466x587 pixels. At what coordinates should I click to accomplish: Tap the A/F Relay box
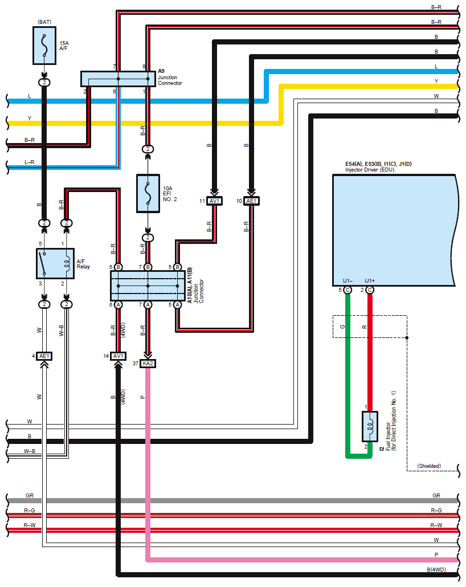(x=55, y=263)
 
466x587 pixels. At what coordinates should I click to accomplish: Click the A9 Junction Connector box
(x=118, y=79)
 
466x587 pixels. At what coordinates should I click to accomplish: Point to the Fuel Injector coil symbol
(x=370, y=426)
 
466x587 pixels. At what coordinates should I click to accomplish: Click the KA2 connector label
(x=148, y=363)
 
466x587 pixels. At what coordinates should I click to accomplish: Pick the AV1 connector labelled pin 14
(x=118, y=356)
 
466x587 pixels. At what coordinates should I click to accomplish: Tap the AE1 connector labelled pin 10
(x=251, y=201)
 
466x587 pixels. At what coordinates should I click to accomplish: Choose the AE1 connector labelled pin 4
(x=44, y=356)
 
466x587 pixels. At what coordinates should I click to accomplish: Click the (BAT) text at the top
(x=44, y=22)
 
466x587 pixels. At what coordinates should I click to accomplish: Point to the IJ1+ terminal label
(x=370, y=280)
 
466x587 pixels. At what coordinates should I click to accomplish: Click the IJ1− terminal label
(x=348, y=280)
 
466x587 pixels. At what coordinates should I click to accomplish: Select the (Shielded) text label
(x=429, y=466)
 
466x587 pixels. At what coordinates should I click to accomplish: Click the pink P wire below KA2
(x=148, y=456)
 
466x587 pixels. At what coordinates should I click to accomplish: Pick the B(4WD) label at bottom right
(x=436, y=569)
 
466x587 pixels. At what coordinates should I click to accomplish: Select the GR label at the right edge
(x=436, y=496)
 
